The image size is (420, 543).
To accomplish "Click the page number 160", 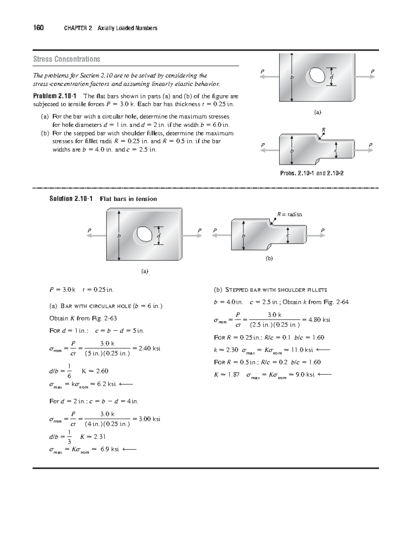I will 38,28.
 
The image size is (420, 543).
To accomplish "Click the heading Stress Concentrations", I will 66,59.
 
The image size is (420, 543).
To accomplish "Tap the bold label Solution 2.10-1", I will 71,199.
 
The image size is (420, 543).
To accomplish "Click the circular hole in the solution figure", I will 143,234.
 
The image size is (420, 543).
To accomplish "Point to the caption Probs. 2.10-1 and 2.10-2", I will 316,173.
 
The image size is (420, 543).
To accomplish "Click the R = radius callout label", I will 289,214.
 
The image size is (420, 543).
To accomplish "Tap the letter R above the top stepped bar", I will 324,130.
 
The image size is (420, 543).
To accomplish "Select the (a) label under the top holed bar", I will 317,112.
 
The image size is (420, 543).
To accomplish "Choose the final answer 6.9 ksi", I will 110,449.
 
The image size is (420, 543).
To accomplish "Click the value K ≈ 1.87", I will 227,374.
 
